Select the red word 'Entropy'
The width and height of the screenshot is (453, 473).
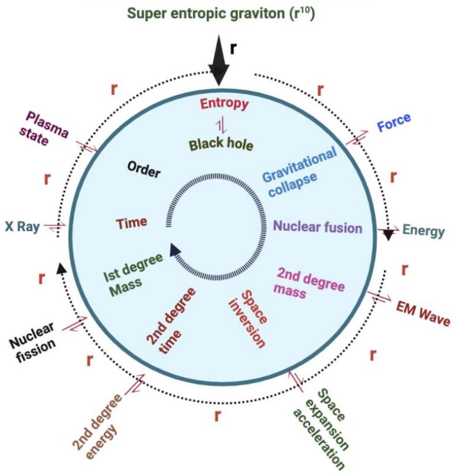coord(225,103)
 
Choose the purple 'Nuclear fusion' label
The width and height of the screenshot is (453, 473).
coord(317,226)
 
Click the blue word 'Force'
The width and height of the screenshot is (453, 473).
coord(393,124)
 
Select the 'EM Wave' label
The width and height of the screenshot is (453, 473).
coord(422,313)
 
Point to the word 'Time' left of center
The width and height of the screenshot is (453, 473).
coord(131,223)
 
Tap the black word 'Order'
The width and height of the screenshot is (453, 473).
coord(144,172)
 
